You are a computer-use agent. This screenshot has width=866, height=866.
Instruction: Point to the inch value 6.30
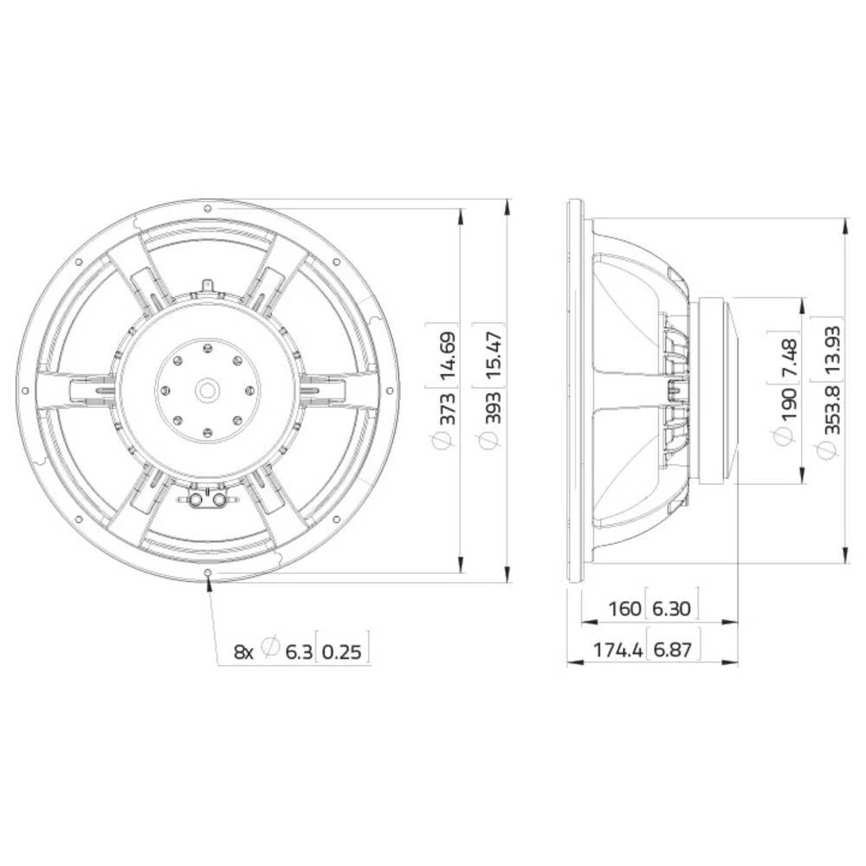pos(671,609)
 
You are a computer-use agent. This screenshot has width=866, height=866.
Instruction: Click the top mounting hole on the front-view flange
pos(208,208)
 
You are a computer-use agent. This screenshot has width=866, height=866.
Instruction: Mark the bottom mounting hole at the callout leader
pos(208,572)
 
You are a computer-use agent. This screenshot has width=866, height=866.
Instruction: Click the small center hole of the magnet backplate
pos(208,391)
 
